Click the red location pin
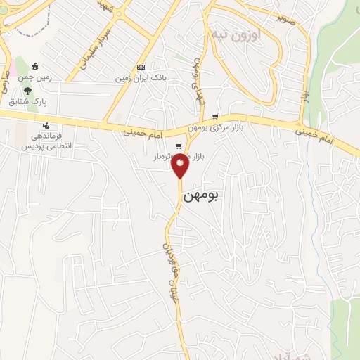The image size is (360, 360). coord(180,165)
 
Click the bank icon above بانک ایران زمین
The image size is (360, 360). coord(141,67)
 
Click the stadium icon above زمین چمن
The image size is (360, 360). coord(34,67)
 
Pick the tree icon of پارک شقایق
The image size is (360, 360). coord(27,91)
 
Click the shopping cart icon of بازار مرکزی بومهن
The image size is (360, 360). coord(215,117)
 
